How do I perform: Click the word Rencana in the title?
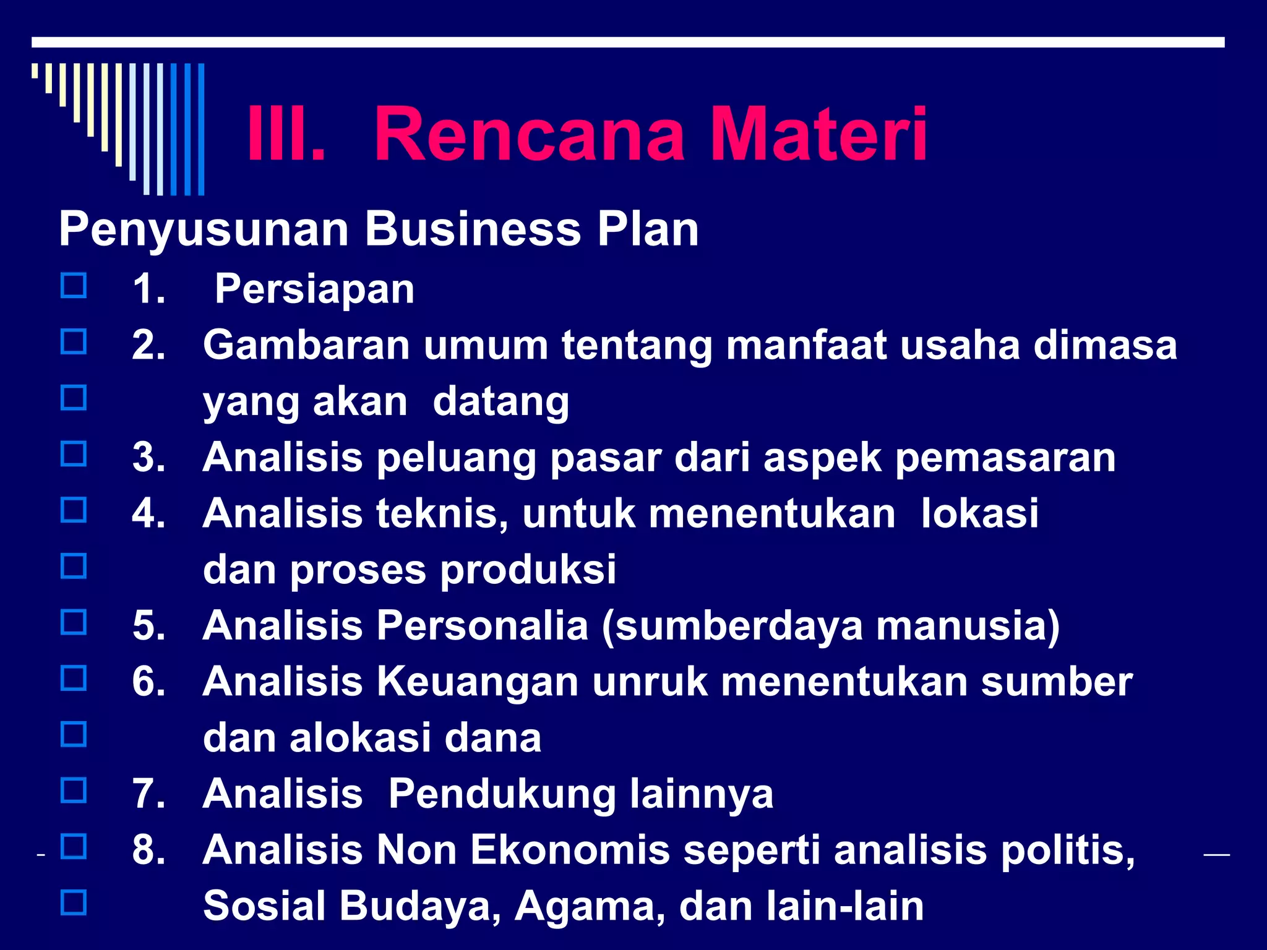point(530,135)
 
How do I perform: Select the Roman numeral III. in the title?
point(285,135)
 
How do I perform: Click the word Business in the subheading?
point(473,230)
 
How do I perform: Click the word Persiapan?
point(314,289)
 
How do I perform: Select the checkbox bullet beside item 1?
point(74,286)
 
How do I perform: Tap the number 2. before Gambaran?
point(149,345)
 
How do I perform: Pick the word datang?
point(500,403)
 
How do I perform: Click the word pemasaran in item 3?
point(1005,458)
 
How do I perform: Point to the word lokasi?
point(979,514)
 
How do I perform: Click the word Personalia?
point(483,626)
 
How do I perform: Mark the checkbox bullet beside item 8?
point(74,846)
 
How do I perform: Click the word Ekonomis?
point(570,850)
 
